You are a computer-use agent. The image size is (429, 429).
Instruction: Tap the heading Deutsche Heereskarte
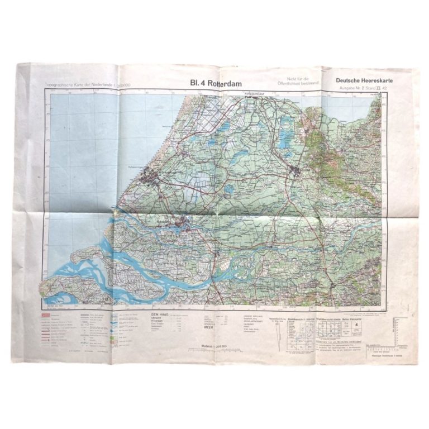(x=365, y=80)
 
